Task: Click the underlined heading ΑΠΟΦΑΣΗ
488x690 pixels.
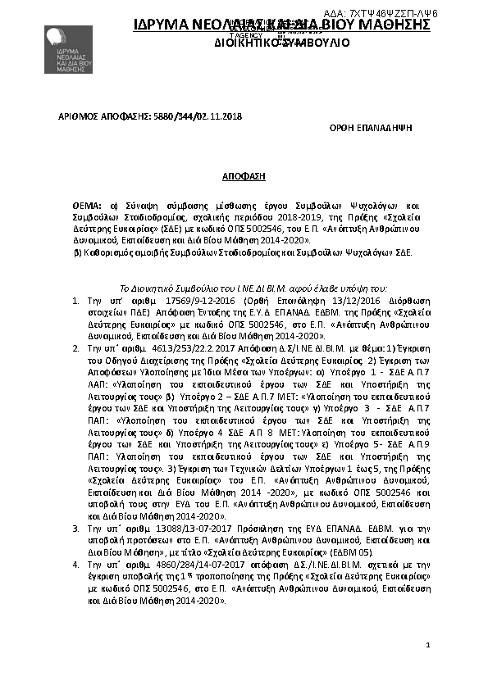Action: click(x=244, y=176)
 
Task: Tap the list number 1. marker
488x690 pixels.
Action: click(x=75, y=302)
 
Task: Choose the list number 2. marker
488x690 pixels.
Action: click(x=75, y=348)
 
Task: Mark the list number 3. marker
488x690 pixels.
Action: click(x=75, y=530)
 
